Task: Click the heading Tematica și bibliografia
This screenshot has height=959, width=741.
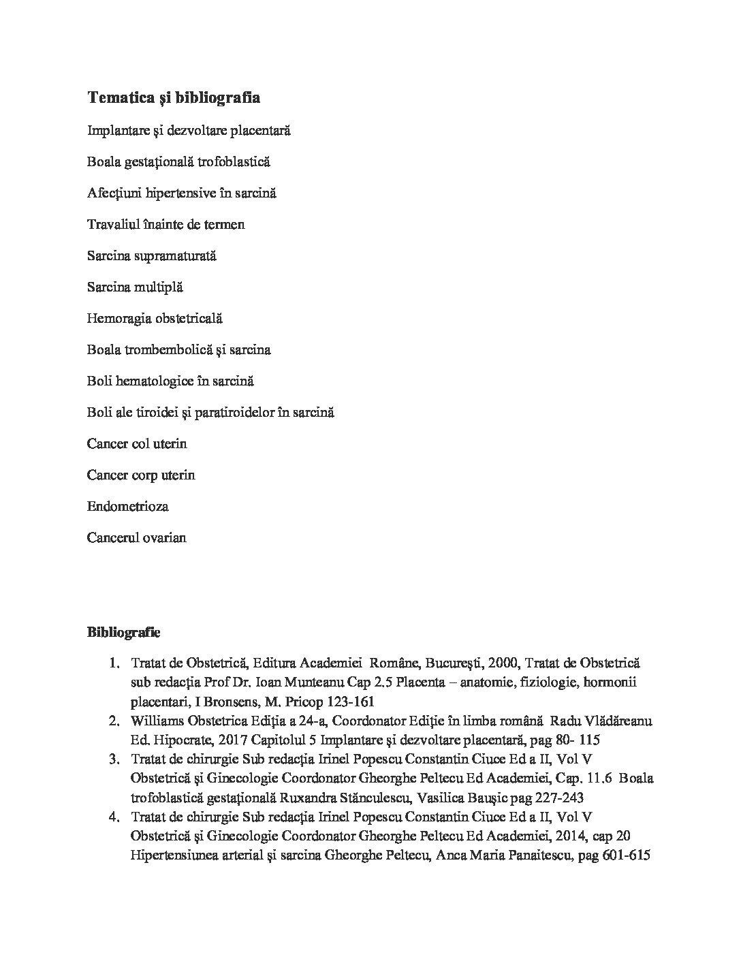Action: click(x=173, y=98)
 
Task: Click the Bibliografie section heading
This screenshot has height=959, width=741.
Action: click(x=123, y=632)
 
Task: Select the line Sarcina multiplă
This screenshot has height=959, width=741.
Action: click(x=135, y=287)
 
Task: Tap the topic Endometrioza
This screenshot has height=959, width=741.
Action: click(x=127, y=506)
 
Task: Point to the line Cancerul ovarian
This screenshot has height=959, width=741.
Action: click(x=136, y=537)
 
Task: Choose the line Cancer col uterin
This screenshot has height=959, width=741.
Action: click(x=136, y=443)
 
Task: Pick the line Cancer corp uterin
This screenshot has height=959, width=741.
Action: click(x=140, y=475)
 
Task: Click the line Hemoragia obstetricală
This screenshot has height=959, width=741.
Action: click(x=155, y=318)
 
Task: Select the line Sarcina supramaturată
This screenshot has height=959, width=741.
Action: click(x=151, y=255)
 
